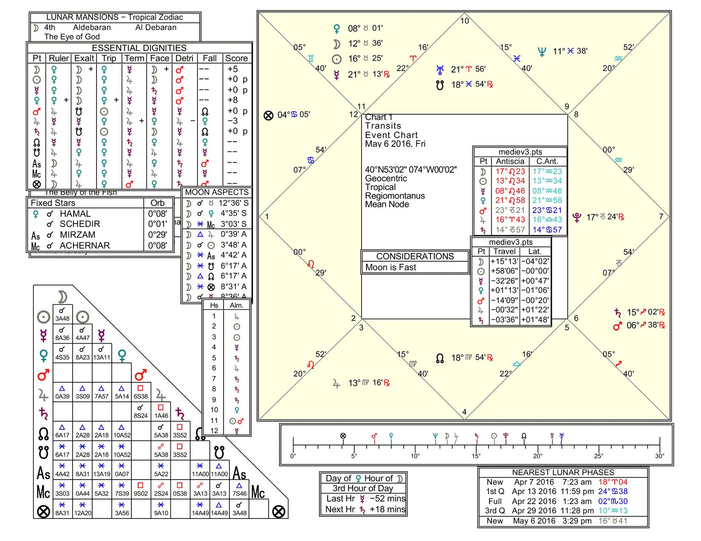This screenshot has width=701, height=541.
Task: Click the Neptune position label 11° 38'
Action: pos(570,51)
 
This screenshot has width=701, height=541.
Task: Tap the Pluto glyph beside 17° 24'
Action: pos(577,218)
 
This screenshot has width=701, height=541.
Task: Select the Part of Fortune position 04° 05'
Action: pos(293,115)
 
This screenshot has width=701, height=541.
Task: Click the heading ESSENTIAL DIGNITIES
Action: pos(139,48)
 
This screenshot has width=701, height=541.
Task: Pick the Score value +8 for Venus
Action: pos(233,100)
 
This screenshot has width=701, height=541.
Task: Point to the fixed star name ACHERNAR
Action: pos(85,245)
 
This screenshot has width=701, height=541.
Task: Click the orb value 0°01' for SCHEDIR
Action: pos(157,224)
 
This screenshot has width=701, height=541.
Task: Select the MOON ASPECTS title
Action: pos(217,192)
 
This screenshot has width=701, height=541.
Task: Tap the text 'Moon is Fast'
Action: pos(391,267)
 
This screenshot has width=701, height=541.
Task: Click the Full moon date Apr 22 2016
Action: pos(534,501)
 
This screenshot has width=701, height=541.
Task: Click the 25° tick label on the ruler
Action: pos(599,456)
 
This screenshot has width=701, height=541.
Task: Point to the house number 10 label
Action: pos(465,21)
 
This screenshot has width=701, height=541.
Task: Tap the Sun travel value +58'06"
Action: pos(504,271)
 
